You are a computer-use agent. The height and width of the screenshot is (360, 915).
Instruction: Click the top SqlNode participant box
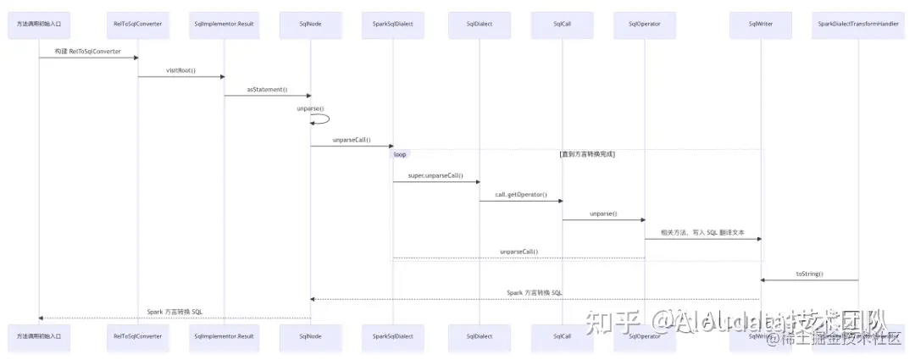click(310, 25)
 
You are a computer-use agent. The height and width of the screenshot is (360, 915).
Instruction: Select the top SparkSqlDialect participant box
click(393, 25)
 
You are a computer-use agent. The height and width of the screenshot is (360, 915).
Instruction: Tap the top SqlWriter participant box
click(760, 25)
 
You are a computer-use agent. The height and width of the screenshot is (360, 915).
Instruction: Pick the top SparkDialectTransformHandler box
click(858, 25)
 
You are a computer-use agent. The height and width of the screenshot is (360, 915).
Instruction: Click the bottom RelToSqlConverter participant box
click(138, 336)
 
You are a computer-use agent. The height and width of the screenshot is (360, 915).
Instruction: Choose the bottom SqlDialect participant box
click(479, 336)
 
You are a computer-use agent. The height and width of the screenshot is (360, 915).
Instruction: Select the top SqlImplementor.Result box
click(224, 25)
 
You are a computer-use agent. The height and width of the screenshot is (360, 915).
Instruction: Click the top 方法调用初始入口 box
click(39, 25)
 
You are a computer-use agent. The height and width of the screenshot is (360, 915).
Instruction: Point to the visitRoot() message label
click(180, 70)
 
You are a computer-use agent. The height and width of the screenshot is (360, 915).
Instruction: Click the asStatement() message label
click(267, 89)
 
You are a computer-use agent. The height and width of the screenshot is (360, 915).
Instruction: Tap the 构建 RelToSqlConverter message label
click(89, 52)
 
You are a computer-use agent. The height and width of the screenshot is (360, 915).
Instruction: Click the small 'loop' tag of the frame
click(400, 154)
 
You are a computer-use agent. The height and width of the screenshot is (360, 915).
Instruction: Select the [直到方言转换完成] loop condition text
click(587, 154)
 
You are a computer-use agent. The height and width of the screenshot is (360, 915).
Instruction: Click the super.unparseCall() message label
click(435, 175)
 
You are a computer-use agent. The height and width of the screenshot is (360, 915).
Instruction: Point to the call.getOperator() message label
click(521, 195)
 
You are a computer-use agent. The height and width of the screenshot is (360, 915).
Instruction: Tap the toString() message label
click(809, 274)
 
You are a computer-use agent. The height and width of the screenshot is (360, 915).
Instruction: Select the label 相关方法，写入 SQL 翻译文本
click(702, 232)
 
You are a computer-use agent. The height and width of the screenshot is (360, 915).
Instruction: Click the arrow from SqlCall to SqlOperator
click(603, 220)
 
